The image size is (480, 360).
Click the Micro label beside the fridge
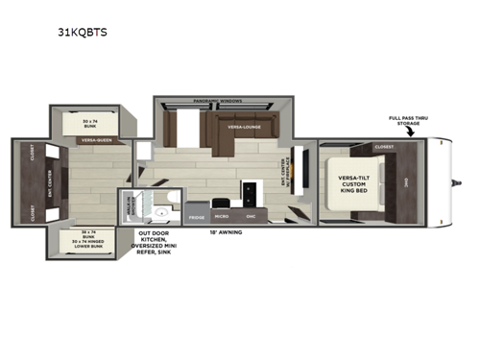[x=221, y=217]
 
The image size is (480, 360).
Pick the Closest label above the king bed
[x=384, y=148]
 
